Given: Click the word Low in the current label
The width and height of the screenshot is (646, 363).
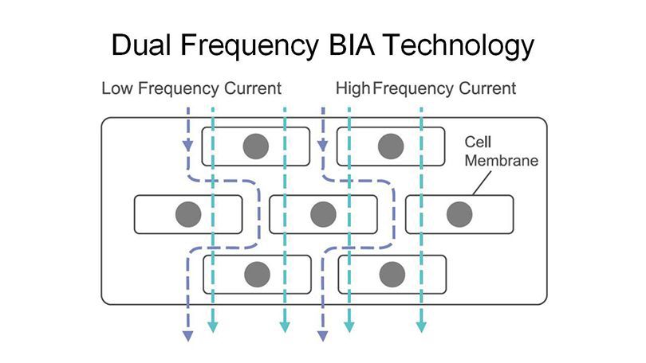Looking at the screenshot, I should tap(118, 88).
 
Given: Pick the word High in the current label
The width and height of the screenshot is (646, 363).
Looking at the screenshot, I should tap(353, 88).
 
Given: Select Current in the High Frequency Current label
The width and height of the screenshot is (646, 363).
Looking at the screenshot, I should tap(486, 88).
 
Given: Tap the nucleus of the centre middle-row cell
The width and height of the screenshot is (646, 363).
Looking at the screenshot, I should tap(323, 214).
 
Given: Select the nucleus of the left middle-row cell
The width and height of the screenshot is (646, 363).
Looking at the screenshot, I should tap(188, 214).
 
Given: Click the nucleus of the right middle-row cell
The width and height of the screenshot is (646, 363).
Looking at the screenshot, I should tap(459, 214).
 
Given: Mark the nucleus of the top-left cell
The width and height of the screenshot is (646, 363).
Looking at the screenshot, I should tap(255, 146).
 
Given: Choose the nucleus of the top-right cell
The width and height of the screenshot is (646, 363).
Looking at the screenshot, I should tap(391, 146).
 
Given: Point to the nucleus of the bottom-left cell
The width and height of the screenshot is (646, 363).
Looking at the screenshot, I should tap(255, 275).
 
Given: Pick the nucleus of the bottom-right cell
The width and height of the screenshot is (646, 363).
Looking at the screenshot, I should tap(391, 275).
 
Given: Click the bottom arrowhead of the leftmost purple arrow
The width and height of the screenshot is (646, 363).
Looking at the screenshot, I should tap(188, 336).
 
